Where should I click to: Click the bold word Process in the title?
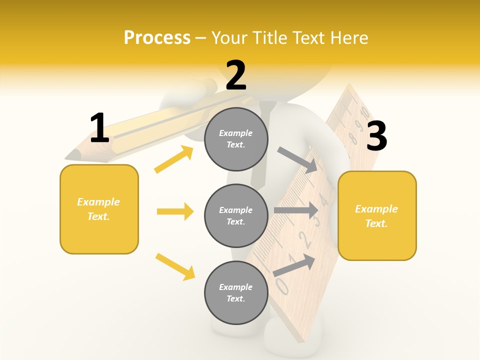tap(157, 37)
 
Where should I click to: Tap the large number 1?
tap(99, 128)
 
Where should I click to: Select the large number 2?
tap(236, 75)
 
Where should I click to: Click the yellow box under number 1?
tap(99, 209)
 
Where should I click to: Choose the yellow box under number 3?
tap(377, 215)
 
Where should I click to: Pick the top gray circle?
tap(236, 139)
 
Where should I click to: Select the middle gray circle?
tap(236, 215)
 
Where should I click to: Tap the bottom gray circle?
tap(236, 292)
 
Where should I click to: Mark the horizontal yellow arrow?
tap(175, 211)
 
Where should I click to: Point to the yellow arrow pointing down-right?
tap(175, 266)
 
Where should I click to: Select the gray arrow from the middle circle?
tap(296, 210)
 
